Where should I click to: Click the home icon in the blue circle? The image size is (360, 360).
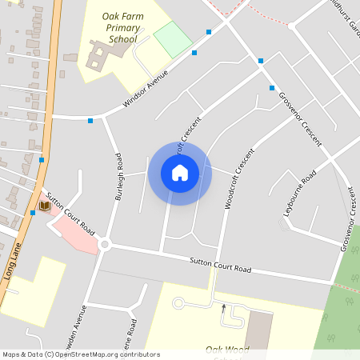(180, 173)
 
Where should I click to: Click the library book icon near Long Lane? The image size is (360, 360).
(45, 206)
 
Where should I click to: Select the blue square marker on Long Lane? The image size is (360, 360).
(42, 160)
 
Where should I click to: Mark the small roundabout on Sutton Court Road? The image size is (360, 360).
(104, 245)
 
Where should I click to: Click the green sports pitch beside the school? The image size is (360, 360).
(173, 38)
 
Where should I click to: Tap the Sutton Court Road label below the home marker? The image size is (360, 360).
(221, 266)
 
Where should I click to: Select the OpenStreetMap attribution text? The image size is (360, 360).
(81, 354)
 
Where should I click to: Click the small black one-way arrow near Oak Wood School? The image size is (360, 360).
(223, 306)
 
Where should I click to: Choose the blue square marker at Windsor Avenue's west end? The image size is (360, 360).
(90, 121)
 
